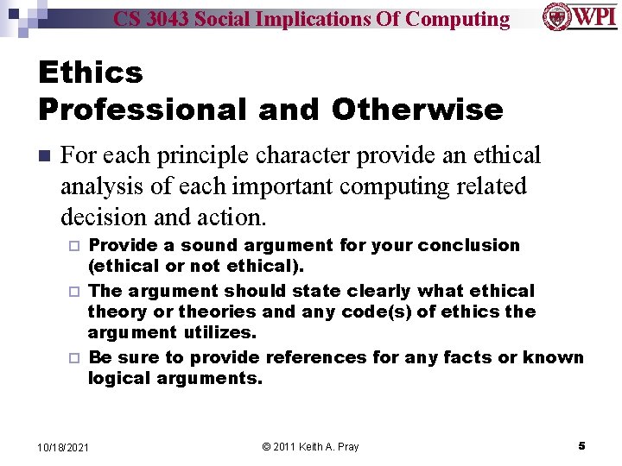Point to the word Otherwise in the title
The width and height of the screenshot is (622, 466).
(417, 110)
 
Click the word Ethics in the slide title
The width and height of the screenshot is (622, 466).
(91, 72)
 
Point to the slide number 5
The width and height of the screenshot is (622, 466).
(581, 445)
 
